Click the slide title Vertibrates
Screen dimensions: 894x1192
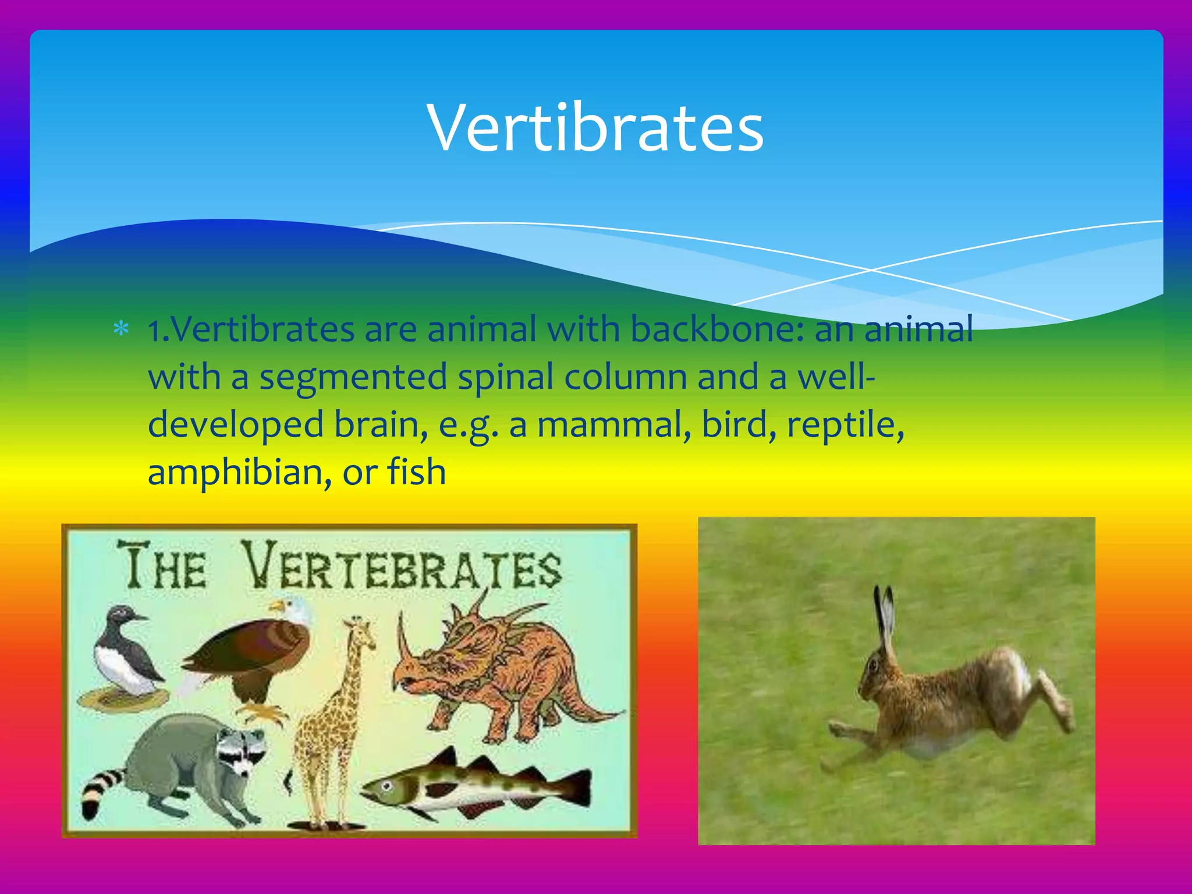[x=595, y=128]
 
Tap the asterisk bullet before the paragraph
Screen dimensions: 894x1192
[x=121, y=330]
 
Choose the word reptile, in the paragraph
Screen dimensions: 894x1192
[x=845, y=425]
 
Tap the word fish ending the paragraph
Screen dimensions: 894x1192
[x=417, y=472]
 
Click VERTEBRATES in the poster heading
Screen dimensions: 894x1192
[x=402, y=567]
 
